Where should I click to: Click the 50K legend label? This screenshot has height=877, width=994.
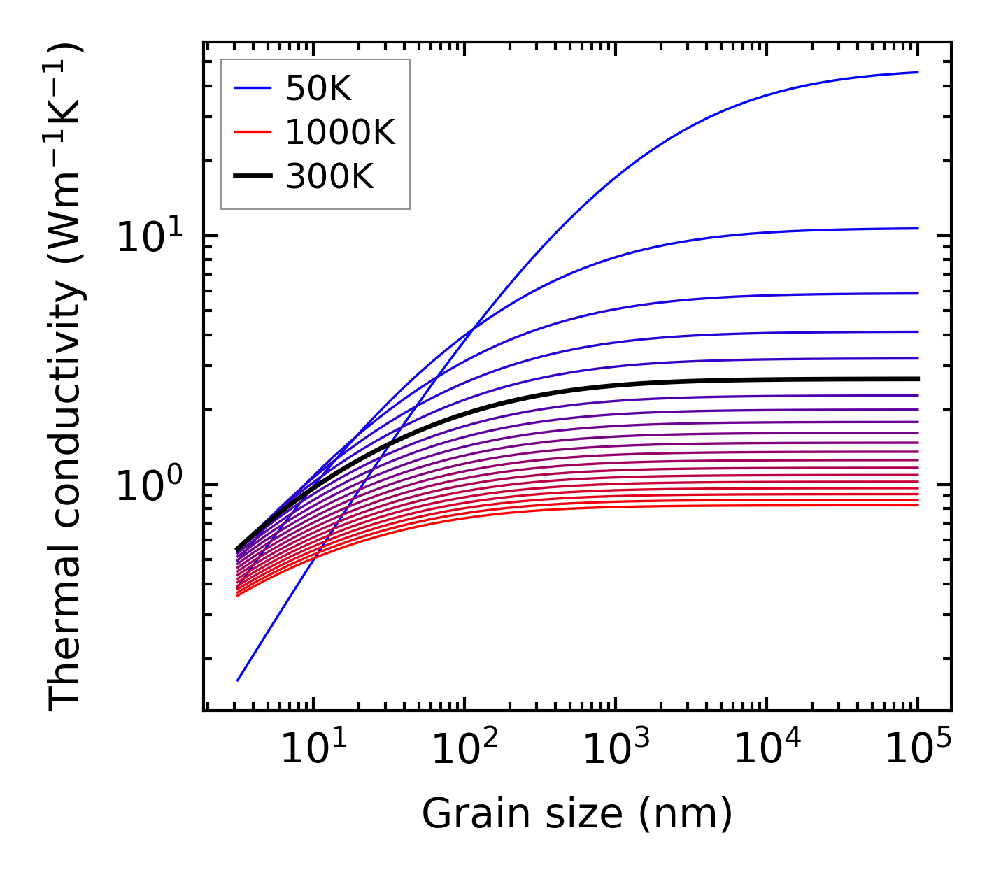(x=318, y=88)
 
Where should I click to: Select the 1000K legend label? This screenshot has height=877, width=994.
(x=340, y=132)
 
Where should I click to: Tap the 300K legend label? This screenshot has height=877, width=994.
(x=329, y=177)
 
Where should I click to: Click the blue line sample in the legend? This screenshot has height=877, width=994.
(x=252, y=88)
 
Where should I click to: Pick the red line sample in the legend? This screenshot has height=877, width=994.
(x=252, y=132)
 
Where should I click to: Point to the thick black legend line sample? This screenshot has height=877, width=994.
(x=252, y=177)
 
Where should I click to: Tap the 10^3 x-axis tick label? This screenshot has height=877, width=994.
(x=615, y=751)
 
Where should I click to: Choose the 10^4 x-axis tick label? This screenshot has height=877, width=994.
(x=766, y=751)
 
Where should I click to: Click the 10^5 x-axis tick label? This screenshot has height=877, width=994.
(x=917, y=751)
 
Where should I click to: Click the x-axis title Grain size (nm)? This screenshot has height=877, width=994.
(x=577, y=814)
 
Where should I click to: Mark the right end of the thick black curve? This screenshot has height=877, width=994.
(x=918, y=379)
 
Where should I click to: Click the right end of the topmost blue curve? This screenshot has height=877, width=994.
(x=918, y=72)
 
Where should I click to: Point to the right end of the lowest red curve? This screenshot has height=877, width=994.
(x=918, y=505)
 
